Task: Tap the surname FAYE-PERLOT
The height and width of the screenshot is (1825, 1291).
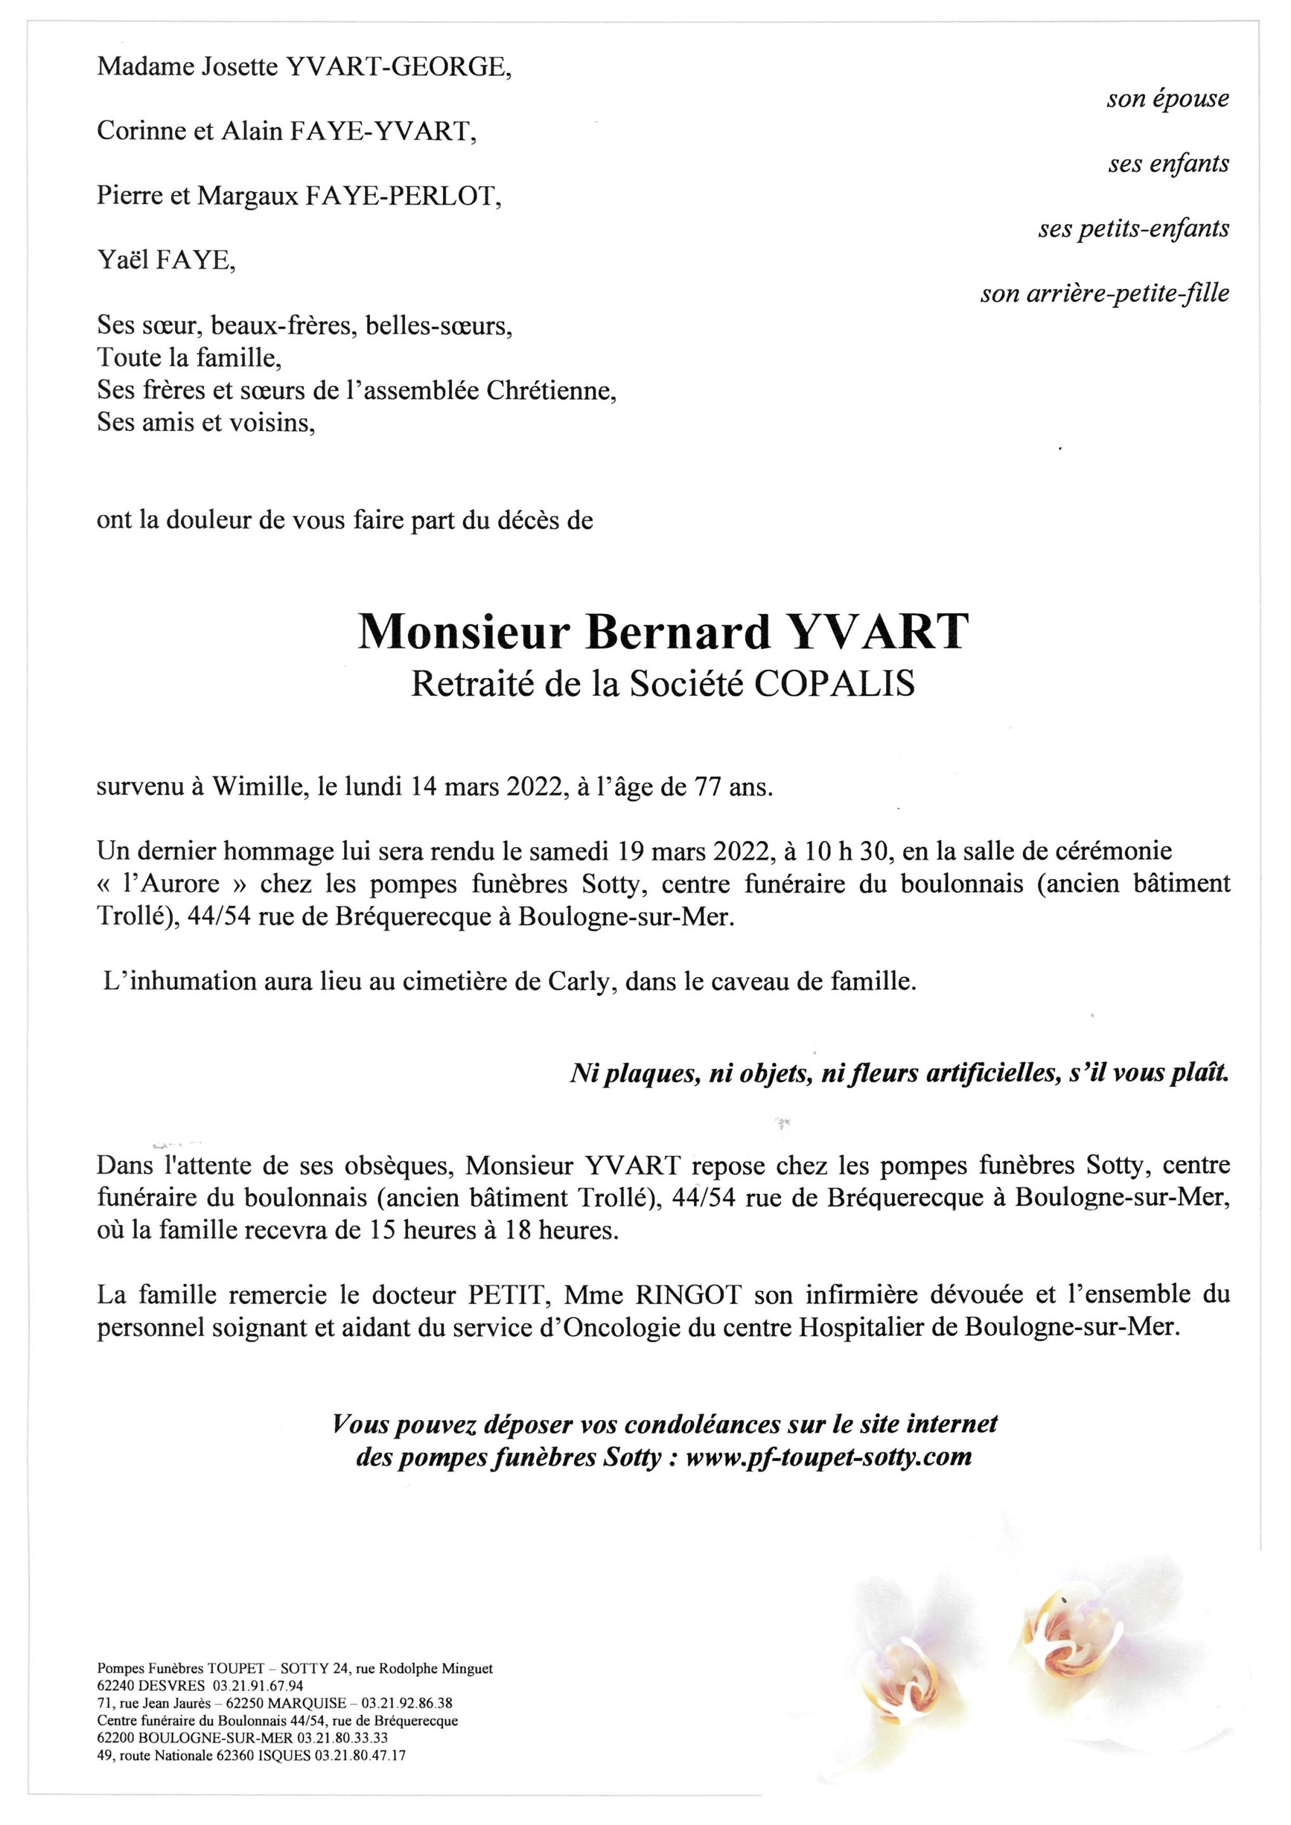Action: pyautogui.click(x=403, y=196)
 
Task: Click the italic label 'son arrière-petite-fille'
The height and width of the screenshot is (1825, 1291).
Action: pyautogui.click(x=1104, y=295)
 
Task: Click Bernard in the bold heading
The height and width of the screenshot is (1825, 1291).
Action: pyautogui.click(x=678, y=632)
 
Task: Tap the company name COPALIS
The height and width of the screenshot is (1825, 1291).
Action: pyautogui.click(x=834, y=684)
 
